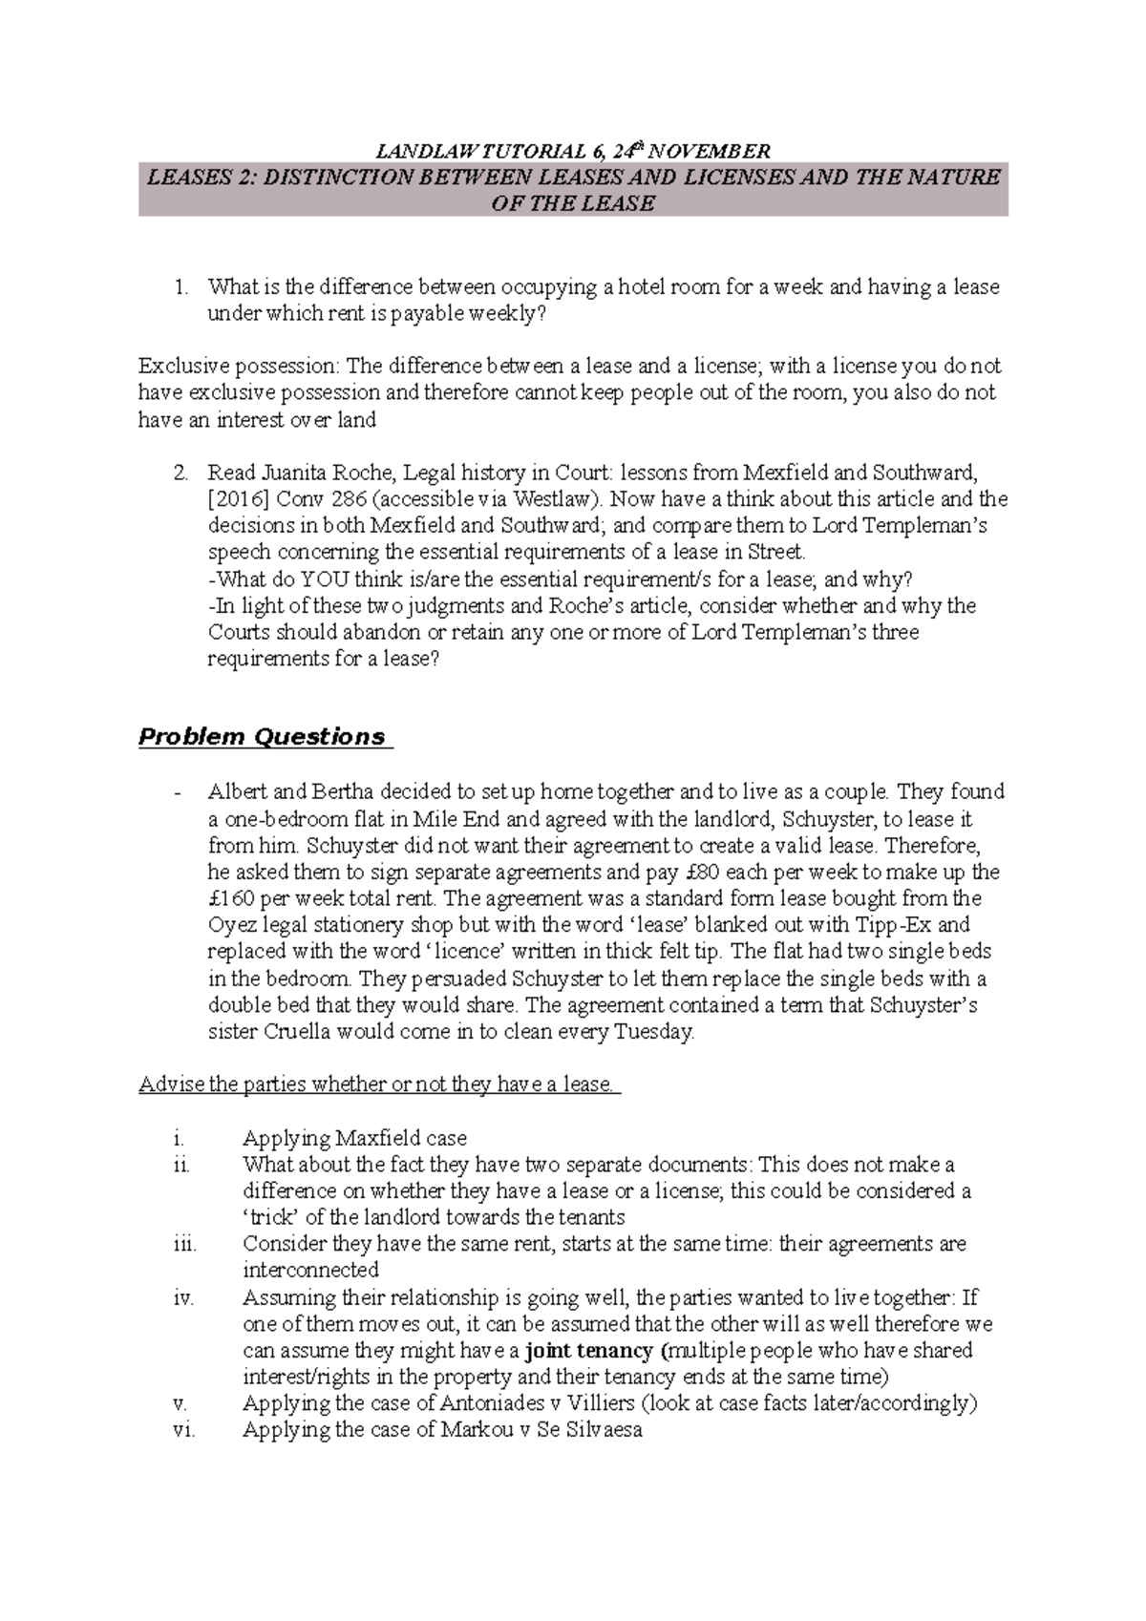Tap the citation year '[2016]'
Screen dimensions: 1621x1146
tap(238, 499)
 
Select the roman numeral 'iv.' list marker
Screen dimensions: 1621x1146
tap(183, 1298)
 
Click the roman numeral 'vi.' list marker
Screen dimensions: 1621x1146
tap(183, 1430)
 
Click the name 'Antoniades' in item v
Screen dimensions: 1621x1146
tap(488, 1403)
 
